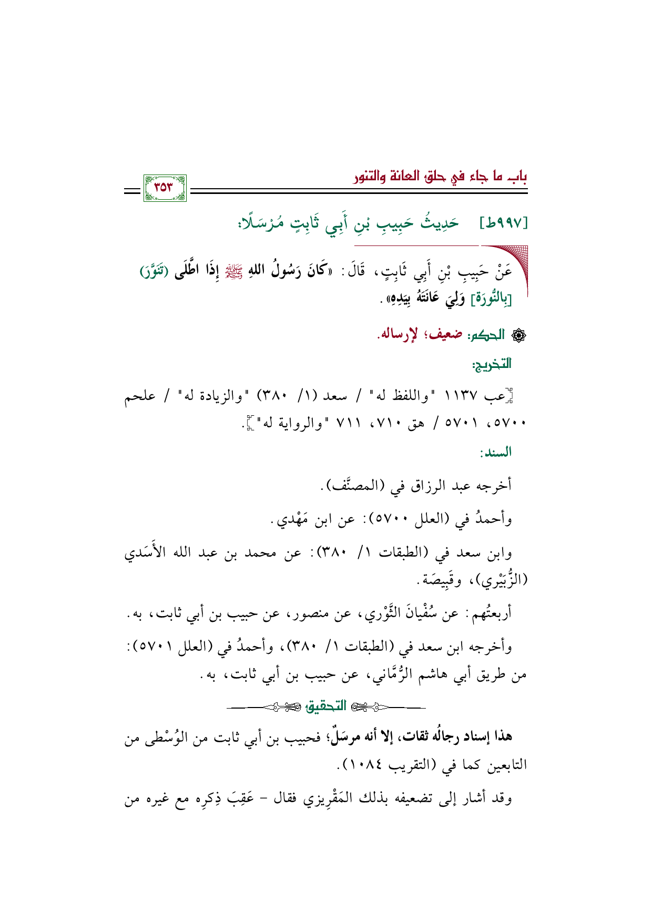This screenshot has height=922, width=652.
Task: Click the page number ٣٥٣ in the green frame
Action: pyautogui.click(x=165, y=188)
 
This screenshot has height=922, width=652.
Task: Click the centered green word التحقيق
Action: pyautogui.click(x=327, y=706)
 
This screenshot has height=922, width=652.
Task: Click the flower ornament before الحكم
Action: pyautogui.click(x=520, y=335)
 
